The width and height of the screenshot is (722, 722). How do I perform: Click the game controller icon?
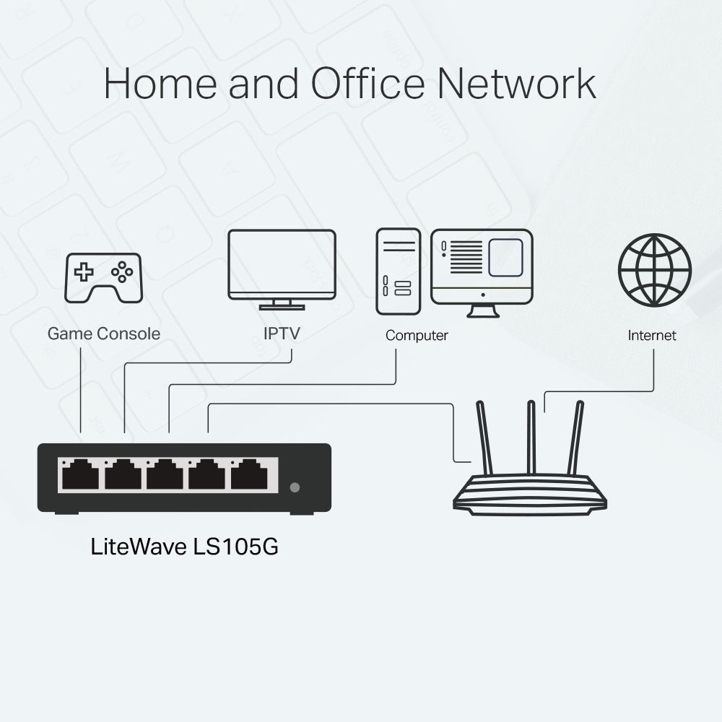103,278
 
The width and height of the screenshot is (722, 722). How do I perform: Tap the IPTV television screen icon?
282,264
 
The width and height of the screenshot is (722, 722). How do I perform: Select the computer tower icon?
398,271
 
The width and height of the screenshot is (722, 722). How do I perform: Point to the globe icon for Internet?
654,270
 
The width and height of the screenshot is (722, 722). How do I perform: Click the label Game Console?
103,334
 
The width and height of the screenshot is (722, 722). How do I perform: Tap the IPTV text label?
282,334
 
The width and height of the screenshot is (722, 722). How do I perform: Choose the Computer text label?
417,336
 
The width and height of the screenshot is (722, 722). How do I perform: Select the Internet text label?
652,336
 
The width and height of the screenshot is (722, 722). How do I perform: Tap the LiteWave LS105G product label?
185,546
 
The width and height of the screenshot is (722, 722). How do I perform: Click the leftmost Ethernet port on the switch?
80,475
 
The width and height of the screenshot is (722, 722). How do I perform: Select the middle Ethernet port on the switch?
165,475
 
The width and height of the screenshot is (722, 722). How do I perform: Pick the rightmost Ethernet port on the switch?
249,475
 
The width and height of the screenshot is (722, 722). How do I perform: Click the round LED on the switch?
294,487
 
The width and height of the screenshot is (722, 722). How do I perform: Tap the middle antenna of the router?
531,437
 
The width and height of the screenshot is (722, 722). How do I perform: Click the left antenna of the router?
484,437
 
